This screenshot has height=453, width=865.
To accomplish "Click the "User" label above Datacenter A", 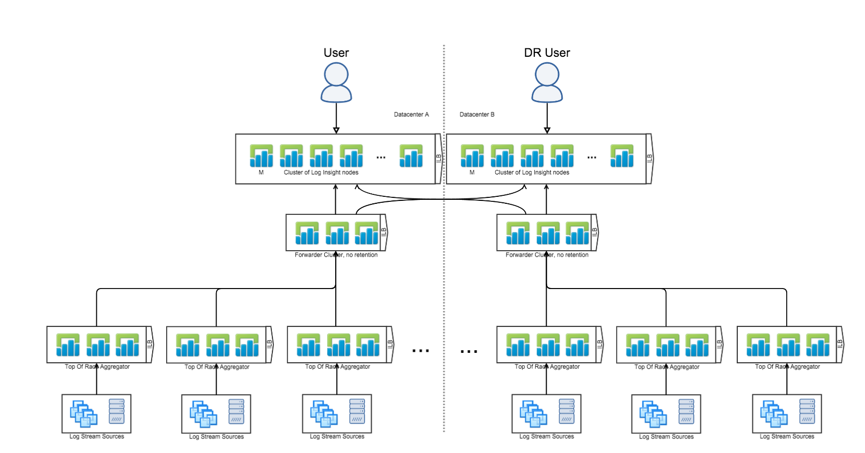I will tap(336, 53).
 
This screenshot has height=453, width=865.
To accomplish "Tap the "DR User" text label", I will tap(547, 53).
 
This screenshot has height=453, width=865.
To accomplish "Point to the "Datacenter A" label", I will tap(411, 115).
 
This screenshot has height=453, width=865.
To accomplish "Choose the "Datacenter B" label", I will tap(477, 115).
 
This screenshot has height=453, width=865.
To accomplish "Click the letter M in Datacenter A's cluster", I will tap(261, 172).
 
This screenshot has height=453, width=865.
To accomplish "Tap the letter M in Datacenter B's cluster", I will tap(472, 172).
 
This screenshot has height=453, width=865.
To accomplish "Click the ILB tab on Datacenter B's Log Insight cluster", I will tap(649, 158).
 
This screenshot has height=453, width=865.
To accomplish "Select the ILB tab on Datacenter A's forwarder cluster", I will tap(384, 232).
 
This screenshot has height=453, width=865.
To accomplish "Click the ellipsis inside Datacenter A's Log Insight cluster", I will tap(381, 157).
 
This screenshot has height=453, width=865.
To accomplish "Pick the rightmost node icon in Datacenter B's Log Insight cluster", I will tap(622, 156).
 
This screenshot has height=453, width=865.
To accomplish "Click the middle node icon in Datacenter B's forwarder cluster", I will tap(548, 233).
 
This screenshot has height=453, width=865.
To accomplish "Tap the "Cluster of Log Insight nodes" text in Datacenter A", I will tap(321, 172).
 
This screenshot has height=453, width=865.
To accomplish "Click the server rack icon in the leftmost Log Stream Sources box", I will tap(117, 411).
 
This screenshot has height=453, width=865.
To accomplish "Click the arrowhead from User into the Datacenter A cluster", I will tap(336, 131).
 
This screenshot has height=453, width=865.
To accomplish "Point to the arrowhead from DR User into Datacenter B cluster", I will tap(547, 131).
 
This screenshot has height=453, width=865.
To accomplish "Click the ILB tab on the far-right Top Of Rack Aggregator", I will tap(840, 344).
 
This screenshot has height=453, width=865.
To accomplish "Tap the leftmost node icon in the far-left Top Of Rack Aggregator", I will tap(68, 345).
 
